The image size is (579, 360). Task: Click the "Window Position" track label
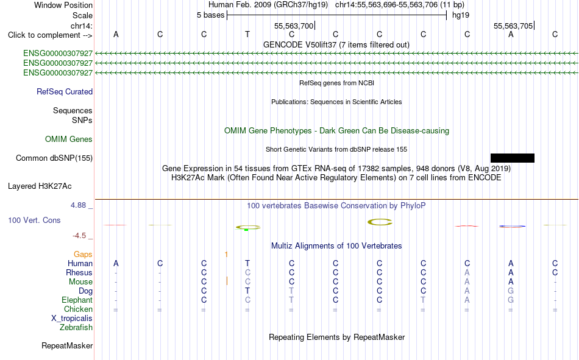click(63, 5)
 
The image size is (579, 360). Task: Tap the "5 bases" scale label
click(210, 15)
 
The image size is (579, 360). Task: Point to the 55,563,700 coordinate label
click(294, 26)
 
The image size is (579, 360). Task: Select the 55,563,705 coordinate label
click(513, 26)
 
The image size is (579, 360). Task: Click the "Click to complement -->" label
click(50, 35)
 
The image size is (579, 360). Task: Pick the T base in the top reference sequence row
click(247, 34)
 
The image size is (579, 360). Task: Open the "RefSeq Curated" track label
click(65, 91)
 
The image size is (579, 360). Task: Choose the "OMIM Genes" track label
click(69, 139)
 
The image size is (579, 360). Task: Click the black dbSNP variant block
click(513, 158)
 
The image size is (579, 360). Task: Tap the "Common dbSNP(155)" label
click(54, 158)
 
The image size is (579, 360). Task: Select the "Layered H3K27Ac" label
click(40, 186)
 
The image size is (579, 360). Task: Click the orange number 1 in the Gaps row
click(226, 255)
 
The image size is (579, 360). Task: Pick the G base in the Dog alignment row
click(511, 291)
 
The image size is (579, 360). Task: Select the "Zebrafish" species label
click(76, 328)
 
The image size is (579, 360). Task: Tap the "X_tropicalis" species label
click(72, 319)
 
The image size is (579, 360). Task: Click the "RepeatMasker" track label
click(67, 345)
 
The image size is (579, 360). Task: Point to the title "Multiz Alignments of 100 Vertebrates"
click(336, 246)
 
